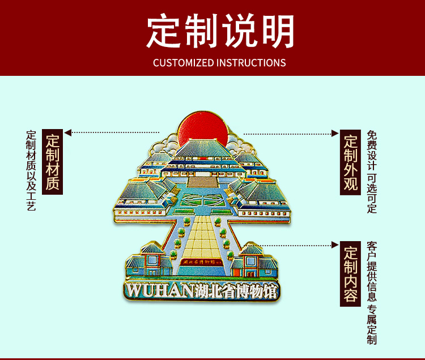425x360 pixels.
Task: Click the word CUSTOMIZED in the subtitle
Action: point(183,62)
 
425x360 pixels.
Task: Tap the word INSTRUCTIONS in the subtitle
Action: point(251,62)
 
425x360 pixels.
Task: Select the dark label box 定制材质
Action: point(53,162)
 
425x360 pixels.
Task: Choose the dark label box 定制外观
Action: point(351,163)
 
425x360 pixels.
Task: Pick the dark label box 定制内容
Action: point(351,274)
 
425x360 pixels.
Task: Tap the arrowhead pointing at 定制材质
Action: point(68,133)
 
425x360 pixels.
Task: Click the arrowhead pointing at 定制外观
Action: point(335,134)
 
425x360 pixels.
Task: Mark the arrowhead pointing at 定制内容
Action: point(335,245)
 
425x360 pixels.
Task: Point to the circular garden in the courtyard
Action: point(201,200)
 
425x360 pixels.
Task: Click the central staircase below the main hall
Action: point(202,182)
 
